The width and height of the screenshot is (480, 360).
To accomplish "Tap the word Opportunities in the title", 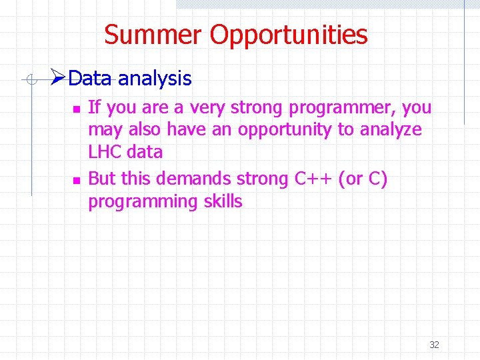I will [x=289, y=35].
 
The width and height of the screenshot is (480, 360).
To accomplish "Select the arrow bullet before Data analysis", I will [x=58, y=79].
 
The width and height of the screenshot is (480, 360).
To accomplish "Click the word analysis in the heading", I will [x=155, y=79].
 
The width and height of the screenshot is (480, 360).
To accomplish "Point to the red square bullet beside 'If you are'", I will [x=76, y=108].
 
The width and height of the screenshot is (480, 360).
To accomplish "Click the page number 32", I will [x=434, y=345].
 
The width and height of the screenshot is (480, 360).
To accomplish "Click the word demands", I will [x=202, y=179].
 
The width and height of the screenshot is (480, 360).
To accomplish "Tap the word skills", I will [x=220, y=201].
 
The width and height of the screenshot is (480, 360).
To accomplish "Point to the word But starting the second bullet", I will [x=102, y=179].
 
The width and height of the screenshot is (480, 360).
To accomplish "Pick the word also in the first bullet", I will [x=143, y=129].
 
